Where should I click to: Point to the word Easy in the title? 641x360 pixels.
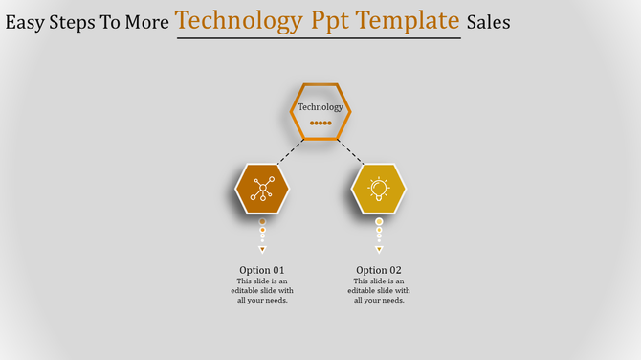tap(27, 22)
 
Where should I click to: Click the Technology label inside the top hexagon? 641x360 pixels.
tap(320, 107)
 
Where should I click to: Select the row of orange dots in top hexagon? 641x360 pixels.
tap(320, 123)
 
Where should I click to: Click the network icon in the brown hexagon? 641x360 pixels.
tap(262, 189)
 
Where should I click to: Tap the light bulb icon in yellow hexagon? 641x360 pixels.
tap(379, 188)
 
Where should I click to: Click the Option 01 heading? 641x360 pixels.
tap(262, 270)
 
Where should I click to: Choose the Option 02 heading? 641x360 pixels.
tap(379, 270)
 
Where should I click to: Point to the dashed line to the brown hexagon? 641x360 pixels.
tap(291, 151)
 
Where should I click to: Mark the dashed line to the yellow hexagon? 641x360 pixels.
tap(350, 151)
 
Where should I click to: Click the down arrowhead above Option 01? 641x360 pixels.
tap(262, 249)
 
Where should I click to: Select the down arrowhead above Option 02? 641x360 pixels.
tap(379, 249)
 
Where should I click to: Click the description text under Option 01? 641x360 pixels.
tap(262, 290)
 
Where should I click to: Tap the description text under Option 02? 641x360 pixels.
tap(379, 290)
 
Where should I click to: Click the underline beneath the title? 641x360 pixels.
tap(318, 38)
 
